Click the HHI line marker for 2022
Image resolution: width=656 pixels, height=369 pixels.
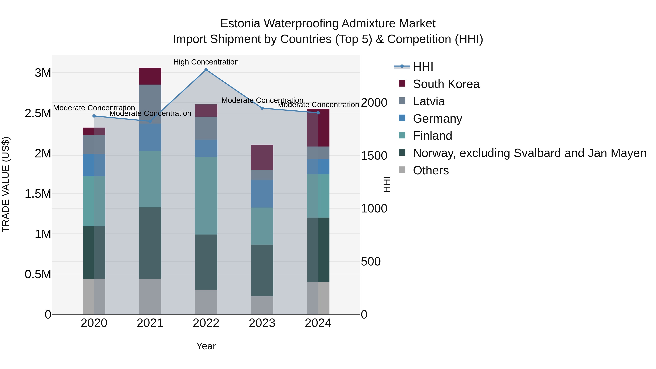tap(206, 70)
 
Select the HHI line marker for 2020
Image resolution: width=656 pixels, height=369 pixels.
tap(94, 116)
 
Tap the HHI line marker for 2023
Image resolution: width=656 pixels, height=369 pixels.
tap(262, 108)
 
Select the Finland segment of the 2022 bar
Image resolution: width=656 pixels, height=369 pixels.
tap(206, 195)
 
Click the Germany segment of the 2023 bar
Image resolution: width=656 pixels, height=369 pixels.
tap(262, 194)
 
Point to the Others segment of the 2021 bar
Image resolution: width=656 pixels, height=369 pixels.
tap(150, 296)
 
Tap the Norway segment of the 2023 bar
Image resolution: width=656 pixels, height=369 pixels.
tap(262, 270)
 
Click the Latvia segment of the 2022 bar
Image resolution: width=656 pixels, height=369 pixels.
tap(206, 128)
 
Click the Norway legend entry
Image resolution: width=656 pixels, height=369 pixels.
tap(529, 153)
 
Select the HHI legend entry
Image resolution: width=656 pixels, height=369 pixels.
tap(423, 67)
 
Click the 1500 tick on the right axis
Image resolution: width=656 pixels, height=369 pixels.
tap(374, 156)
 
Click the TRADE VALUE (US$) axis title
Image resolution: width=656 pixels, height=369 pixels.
tap(6, 184)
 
